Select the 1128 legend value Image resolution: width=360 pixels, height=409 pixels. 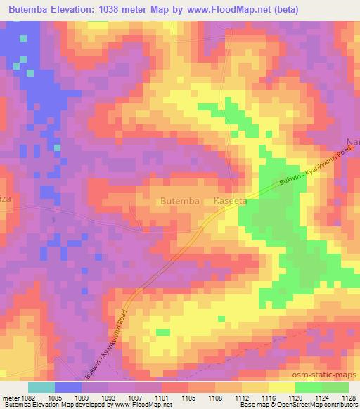[x=347, y=398]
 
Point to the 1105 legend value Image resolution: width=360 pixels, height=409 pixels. [x=188, y=398]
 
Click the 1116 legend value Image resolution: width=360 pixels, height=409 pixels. [x=268, y=398]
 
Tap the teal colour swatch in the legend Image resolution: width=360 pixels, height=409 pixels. [x=41, y=387]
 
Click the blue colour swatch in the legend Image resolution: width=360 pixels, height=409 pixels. [x=67, y=387]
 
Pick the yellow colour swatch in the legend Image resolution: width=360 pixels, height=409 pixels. [x=281, y=387]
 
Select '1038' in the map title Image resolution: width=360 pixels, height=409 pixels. [x=117, y=10]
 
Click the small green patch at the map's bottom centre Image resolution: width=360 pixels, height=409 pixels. [x=163, y=332]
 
